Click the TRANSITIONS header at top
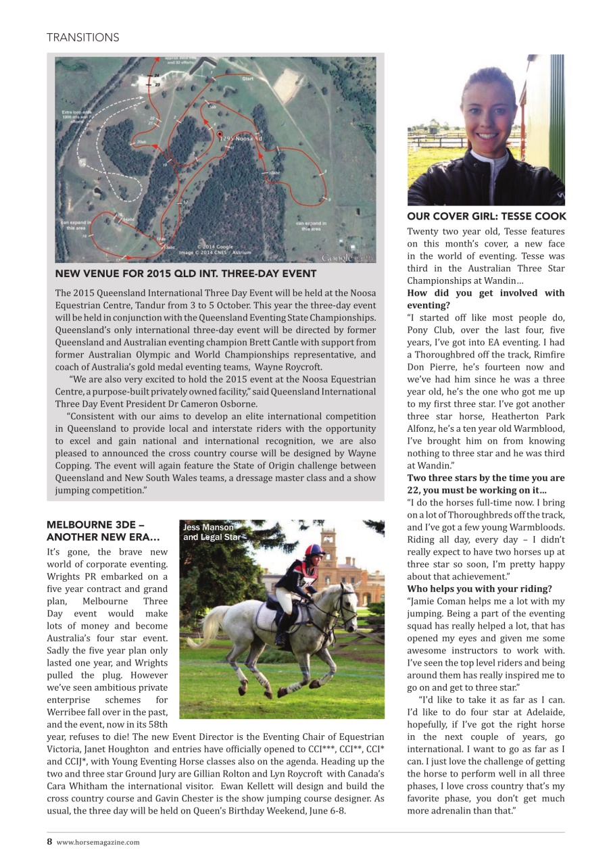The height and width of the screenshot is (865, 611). click(x=82, y=38)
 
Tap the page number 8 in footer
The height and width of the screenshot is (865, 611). click(x=49, y=841)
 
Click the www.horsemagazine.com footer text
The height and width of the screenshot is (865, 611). click(x=98, y=842)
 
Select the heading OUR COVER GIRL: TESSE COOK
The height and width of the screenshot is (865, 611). click(x=486, y=216)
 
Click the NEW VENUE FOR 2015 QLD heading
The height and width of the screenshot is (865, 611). click(x=185, y=274)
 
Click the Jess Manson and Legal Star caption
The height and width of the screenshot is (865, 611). click(x=211, y=532)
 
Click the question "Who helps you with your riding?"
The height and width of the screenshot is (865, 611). click(x=479, y=589)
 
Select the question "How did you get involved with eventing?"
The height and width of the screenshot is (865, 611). click(x=485, y=299)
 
